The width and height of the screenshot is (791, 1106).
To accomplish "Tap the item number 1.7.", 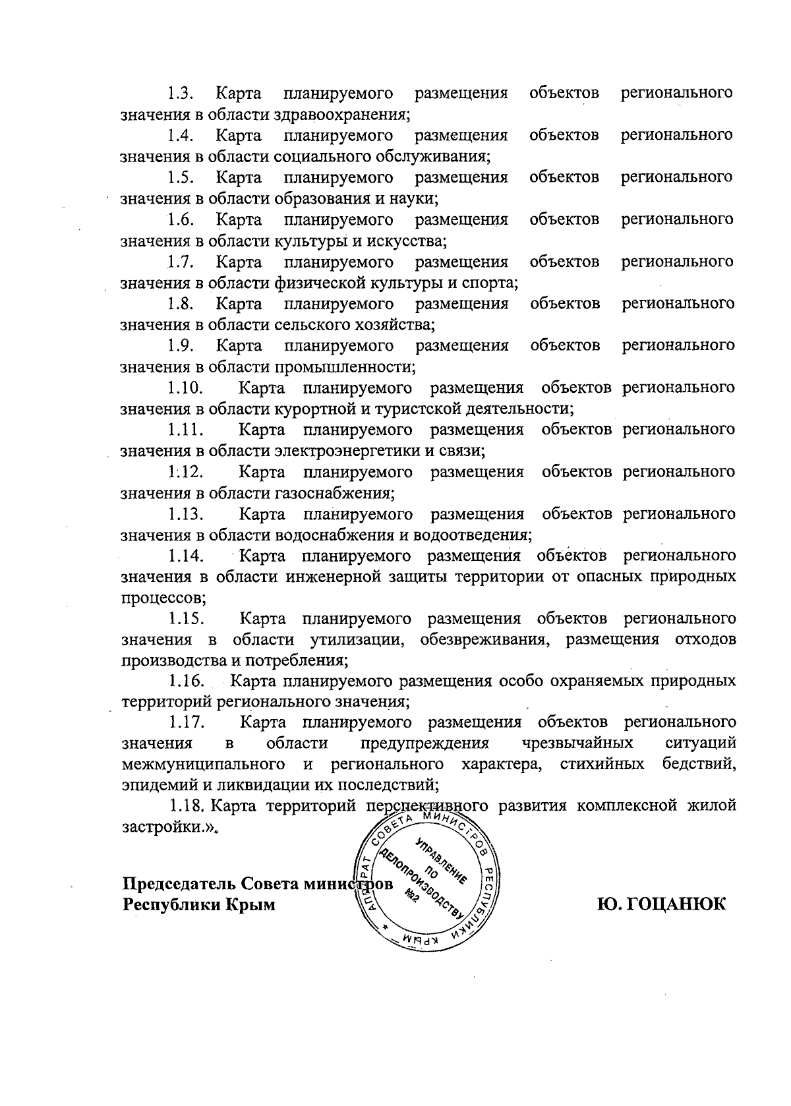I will coord(179,262).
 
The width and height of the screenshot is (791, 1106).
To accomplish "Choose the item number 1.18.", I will coord(189,805).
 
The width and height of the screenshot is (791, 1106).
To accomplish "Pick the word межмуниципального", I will coord(204,765).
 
